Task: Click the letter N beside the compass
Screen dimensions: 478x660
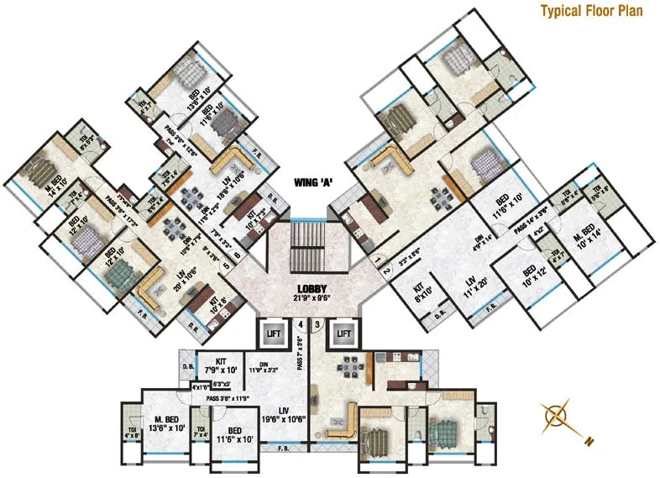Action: [589, 441]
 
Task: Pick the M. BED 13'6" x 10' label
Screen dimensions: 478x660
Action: [167, 423]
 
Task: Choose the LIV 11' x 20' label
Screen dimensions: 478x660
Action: [476, 290]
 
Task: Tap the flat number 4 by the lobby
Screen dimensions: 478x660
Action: [298, 324]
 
